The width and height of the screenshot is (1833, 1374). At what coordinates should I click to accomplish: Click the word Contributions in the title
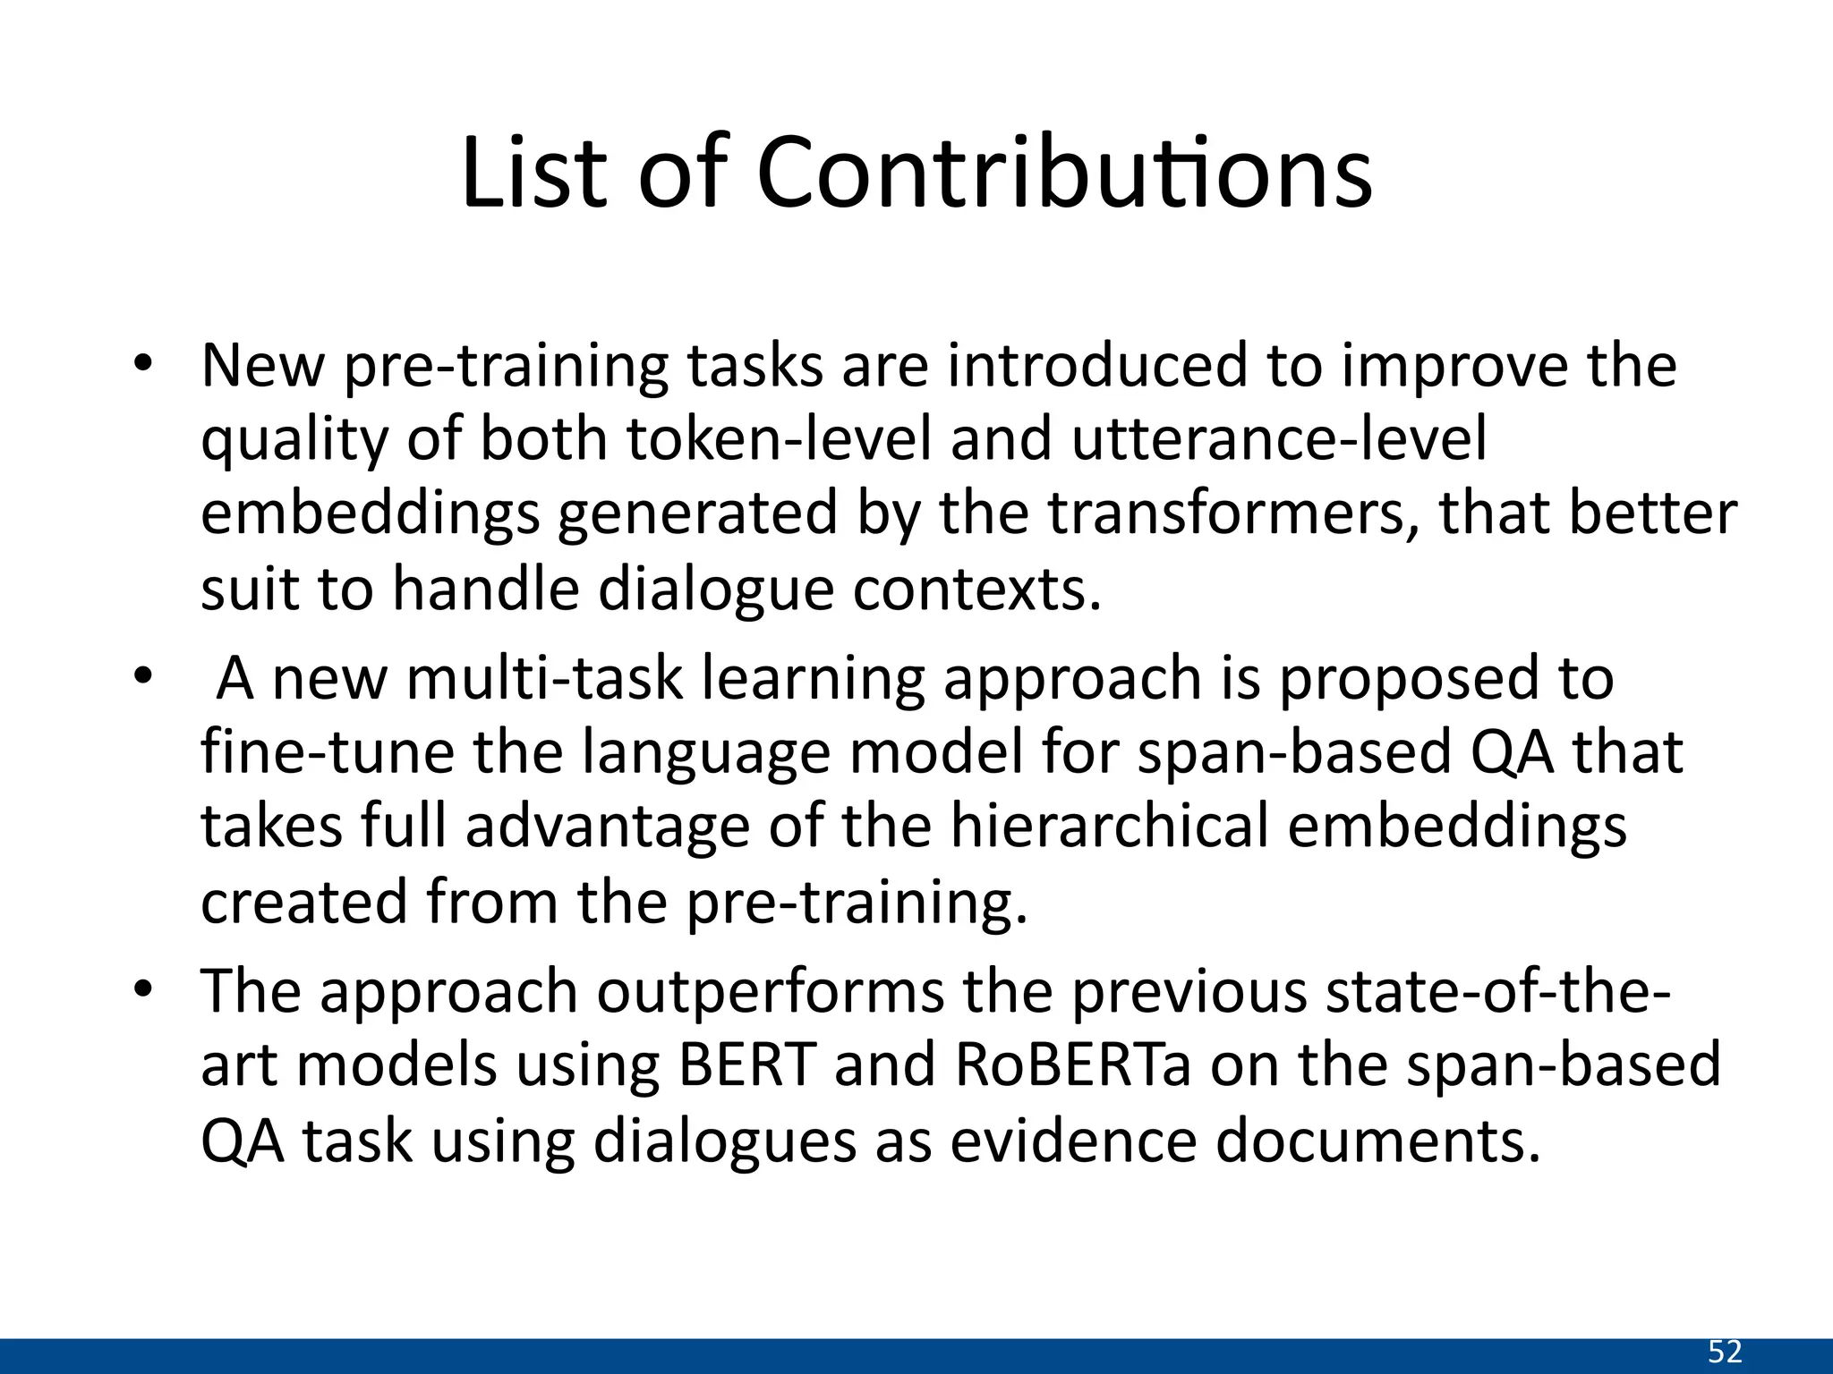click(1063, 172)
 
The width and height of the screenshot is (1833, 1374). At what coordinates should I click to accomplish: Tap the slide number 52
click(1726, 1351)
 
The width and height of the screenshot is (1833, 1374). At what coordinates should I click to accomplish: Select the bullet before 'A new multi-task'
click(143, 677)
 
